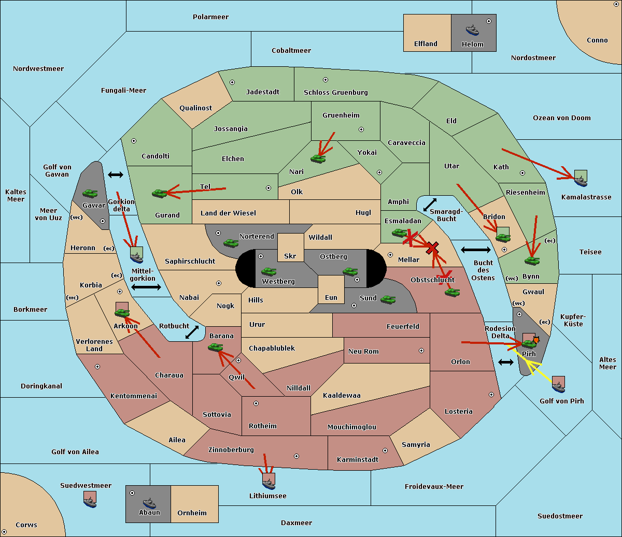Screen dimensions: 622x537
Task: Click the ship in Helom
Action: click(472, 30)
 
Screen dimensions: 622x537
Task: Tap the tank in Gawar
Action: click(90, 193)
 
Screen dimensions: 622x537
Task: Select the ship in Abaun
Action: click(149, 503)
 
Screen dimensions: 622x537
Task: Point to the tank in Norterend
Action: click(231, 243)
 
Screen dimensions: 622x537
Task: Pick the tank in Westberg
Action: click(268, 271)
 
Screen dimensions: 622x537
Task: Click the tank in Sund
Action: click(388, 299)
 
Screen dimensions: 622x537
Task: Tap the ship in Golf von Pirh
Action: click(559, 387)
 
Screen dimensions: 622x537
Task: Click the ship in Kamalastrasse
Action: click(581, 181)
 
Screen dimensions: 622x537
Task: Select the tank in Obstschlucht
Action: click(453, 292)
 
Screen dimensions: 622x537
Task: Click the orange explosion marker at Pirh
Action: click(536, 340)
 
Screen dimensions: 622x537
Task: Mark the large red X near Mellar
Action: click(432, 248)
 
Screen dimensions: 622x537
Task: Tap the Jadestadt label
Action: click(263, 92)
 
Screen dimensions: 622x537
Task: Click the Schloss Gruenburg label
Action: click(336, 92)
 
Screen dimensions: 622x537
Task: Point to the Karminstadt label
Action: click(358, 459)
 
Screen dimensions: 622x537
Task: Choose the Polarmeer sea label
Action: click(210, 17)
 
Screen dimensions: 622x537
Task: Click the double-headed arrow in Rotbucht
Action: click(192, 332)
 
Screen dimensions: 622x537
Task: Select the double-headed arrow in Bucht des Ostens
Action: click(476, 250)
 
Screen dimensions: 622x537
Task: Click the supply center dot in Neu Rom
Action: click(421, 351)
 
